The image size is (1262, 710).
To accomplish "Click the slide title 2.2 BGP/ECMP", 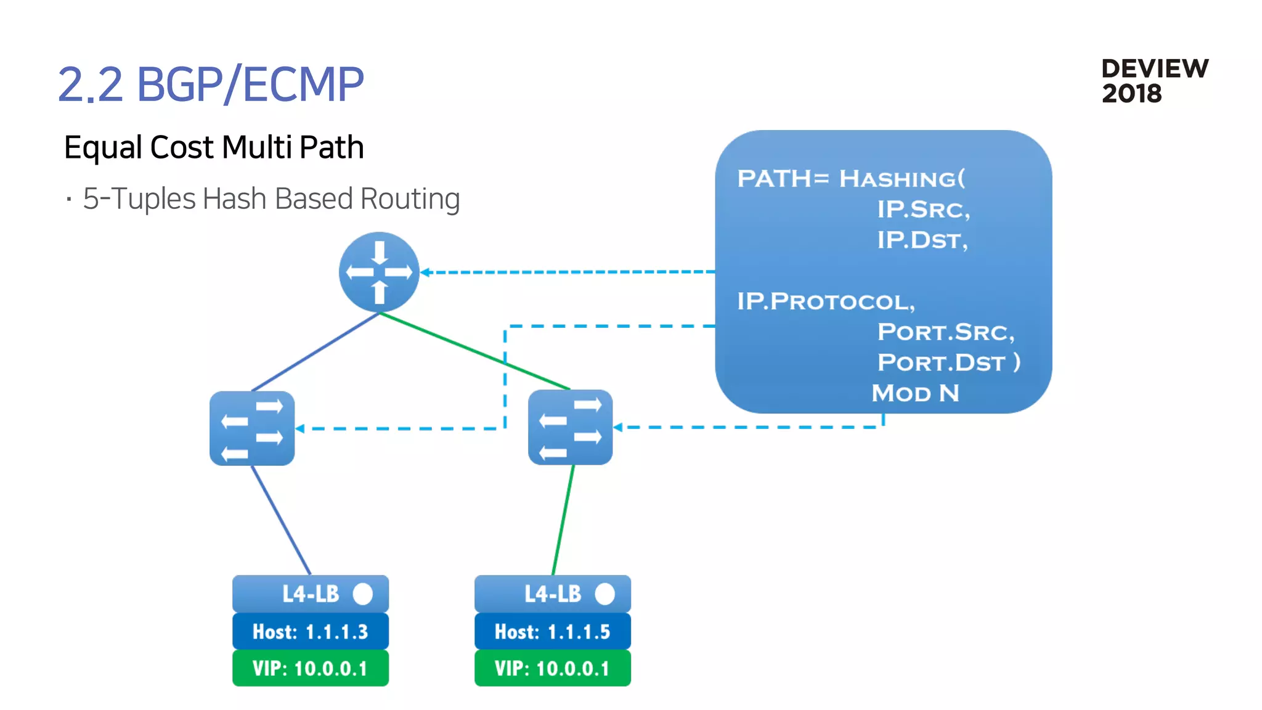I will pos(211,84).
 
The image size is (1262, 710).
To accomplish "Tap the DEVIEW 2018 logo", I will pos(1154,81).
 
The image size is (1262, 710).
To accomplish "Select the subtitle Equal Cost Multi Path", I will pos(214,147).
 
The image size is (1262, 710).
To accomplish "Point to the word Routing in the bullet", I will pos(410,199).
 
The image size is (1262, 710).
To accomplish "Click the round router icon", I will pos(379,272).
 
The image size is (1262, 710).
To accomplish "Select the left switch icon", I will pos(252,428).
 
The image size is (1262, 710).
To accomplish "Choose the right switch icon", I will pos(570,427).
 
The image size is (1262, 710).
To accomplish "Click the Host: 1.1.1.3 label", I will pos(310,632).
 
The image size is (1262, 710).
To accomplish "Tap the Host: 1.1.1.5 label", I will pos(552,632).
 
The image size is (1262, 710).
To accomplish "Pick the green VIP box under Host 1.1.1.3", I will pos(310,669).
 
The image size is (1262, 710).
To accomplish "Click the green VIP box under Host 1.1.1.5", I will pos(552,669).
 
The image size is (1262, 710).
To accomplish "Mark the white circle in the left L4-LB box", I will pos(363,594).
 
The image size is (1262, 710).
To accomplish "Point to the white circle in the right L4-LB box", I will pos(605,594).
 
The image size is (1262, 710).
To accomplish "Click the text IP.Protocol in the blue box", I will pos(826,302).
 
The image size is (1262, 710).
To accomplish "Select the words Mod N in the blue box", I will pos(915,393).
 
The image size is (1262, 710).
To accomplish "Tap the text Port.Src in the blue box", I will pos(945,332).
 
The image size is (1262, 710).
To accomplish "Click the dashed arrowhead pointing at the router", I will pos(425,272).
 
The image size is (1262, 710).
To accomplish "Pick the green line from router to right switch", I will pos(474,351).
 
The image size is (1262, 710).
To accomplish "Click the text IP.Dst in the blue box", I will pos(922,240).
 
